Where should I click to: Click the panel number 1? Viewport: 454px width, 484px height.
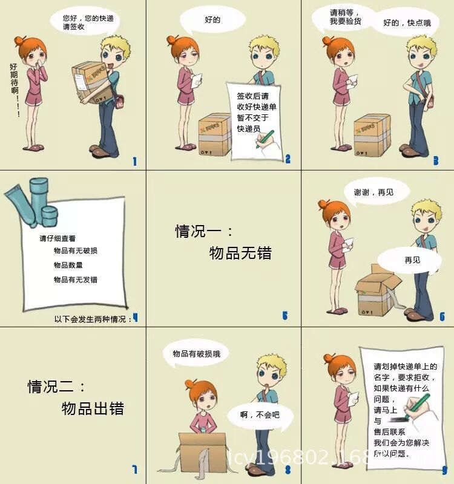(x=134, y=162)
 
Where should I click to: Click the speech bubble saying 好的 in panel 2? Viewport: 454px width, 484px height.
(x=212, y=20)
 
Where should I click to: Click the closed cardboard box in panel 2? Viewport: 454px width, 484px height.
(x=215, y=134)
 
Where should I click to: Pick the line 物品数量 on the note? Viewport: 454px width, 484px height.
(x=68, y=265)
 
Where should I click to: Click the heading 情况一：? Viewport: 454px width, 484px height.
(x=204, y=231)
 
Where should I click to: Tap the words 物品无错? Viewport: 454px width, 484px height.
(x=240, y=253)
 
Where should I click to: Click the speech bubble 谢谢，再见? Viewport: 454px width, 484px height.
(x=373, y=192)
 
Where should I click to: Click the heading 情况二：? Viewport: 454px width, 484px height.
(x=58, y=386)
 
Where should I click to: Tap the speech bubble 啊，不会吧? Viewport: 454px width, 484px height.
(x=260, y=414)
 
